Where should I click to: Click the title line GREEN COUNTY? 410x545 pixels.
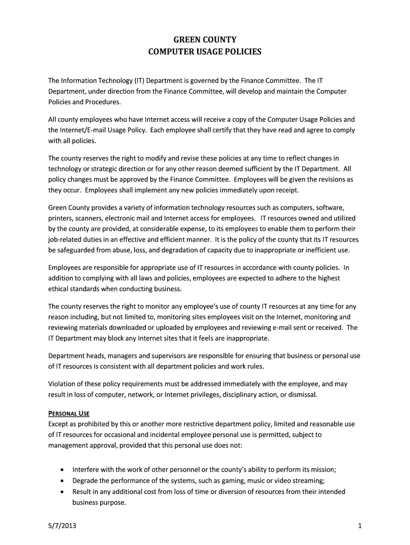pyautogui.click(x=205, y=39)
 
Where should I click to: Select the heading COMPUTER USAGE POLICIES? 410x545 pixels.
pyautogui.click(x=205, y=52)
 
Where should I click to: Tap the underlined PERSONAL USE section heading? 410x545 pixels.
pyautogui.click(x=69, y=413)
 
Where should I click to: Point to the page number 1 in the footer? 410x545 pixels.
pyautogui.click(x=360, y=526)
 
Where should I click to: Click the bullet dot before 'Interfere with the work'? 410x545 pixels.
pyautogui.click(x=63, y=469)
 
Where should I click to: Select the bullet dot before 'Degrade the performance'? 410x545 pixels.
pyautogui.click(x=63, y=481)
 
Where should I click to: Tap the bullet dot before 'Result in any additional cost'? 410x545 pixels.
pyautogui.click(x=63, y=492)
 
